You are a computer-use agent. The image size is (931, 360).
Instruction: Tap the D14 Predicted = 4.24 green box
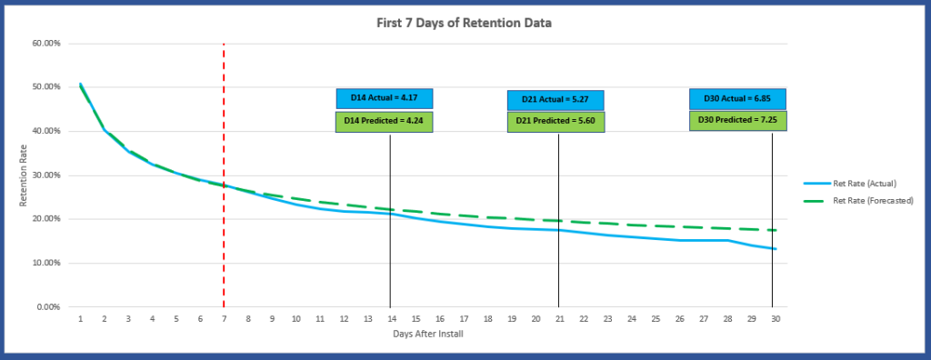[x=384, y=122]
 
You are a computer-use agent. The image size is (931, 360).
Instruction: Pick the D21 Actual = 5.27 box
[x=556, y=99]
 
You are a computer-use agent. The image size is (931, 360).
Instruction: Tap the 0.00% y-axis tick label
[x=49, y=307]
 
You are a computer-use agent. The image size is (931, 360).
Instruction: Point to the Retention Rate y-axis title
[x=25, y=175]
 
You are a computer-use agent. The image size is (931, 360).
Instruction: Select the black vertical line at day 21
[x=558, y=255]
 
